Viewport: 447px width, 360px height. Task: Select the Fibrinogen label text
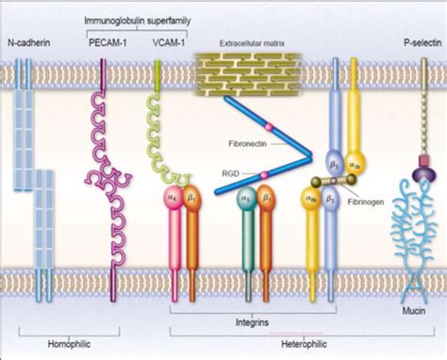(x=371, y=199)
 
